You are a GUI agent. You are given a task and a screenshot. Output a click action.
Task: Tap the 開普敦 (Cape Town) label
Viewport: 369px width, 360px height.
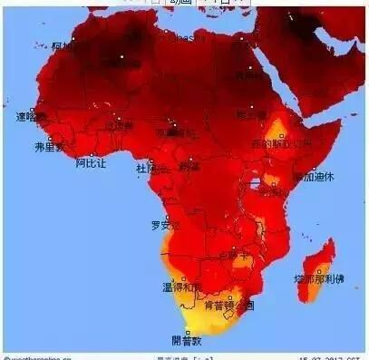[x=188, y=340]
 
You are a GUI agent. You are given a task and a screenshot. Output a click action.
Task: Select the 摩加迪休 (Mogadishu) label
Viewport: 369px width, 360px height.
[x=314, y=177]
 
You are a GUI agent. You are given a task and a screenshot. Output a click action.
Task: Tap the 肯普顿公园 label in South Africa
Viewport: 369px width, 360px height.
[x=232, y=305]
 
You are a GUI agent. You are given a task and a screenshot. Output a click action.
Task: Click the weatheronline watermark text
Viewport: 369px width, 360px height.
[x=41, y=355]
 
